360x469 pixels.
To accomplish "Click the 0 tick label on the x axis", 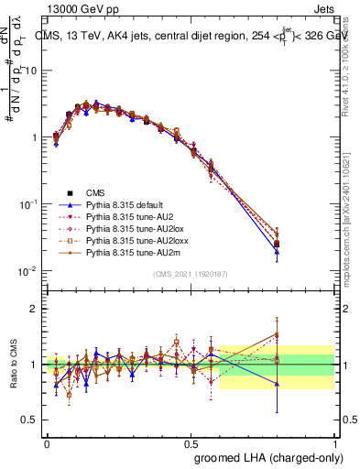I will (48, 442).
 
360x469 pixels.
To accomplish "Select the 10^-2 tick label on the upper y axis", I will (29, 271).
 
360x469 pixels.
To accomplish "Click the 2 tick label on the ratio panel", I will (35, 309).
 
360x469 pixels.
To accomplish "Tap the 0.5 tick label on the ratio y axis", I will (31, 420).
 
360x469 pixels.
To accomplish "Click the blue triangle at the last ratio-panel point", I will (303, 384).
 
